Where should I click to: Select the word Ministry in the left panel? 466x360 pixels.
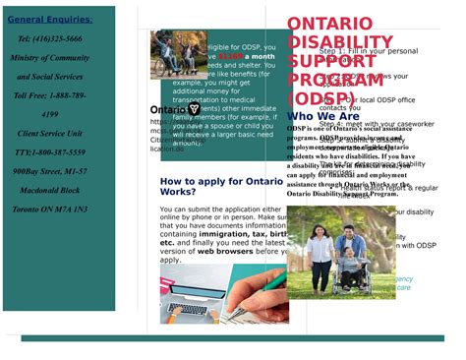click(29, 58)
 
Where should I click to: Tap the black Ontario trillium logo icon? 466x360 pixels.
click(194, 108)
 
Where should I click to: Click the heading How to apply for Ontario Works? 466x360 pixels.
click(221, 187)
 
